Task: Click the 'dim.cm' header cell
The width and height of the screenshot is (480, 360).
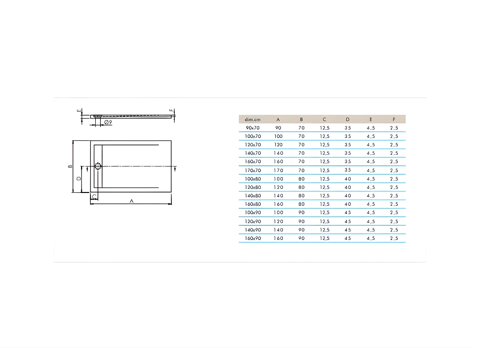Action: tap(252, 119)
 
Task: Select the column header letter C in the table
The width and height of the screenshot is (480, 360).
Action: tap(324, 119)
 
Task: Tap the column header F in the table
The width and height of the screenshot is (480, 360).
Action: tap(394, 119)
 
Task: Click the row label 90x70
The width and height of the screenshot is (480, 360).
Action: tap(252, 128)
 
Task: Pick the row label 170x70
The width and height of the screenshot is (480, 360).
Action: tap(252, 170)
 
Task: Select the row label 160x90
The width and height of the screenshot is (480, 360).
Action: tap(252, 238)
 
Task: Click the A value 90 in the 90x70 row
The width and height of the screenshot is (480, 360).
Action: tap(278, 128)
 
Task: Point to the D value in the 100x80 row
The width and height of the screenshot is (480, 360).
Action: tap(348, 179)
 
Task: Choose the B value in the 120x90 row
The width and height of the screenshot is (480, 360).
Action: tap(301, 221)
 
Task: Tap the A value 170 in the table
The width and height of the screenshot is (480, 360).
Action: tap(278, 170)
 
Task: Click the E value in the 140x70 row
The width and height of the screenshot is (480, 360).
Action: tap(371, 153)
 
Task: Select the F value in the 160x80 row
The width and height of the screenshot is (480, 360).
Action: tap(394, 204)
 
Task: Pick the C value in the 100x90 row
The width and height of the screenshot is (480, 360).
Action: tap(324, 212)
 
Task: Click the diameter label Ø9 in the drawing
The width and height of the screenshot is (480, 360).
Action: tap(108, 122)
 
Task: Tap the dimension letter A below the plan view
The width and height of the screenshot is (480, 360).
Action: tap(131, 201)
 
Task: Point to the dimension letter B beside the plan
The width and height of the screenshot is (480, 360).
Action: tap(70, 166)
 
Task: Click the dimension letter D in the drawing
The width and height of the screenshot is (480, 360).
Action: tap(79, 179)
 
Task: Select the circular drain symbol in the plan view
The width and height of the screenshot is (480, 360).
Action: tap(98, 166)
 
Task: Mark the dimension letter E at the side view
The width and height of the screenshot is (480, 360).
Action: tap(79, 111)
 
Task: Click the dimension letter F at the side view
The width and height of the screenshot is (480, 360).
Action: tap(171, 110)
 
